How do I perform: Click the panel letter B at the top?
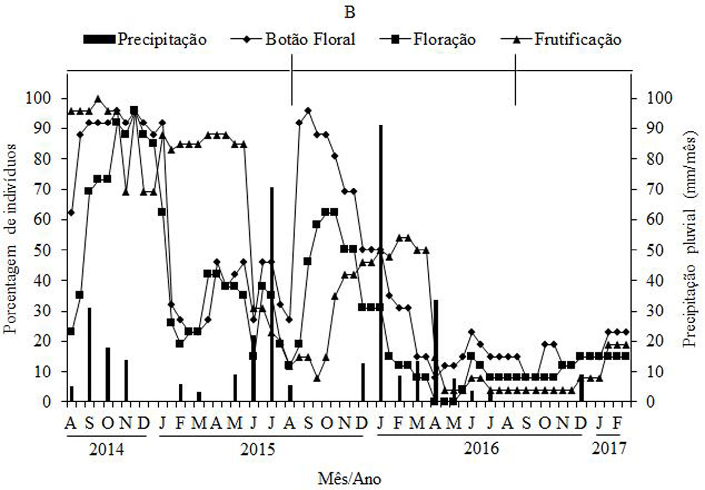[x=349, y=12]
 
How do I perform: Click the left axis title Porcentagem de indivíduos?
[x=11, y=239]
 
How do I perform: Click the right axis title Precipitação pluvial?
[x=691, y=239]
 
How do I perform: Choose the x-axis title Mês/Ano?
[x=349, y=479]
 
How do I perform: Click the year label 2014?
[x=106, y=449]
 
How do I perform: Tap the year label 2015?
[x=258, y=449]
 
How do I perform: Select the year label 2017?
[x=609, y=449]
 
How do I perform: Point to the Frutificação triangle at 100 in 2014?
[x=98, y=99]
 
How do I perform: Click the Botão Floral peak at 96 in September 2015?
[x=308, y=110]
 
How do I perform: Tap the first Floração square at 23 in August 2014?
[x=71, y=331]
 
